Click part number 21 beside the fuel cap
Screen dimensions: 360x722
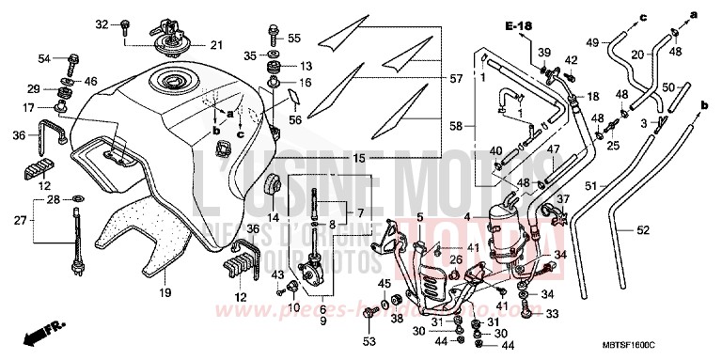tap(216, 45)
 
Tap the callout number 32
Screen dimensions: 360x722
tap(102, 23)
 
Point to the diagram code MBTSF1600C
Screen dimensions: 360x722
tap(667, 346)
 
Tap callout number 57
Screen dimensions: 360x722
tap(457, 79)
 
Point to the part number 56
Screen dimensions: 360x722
tap(294, 118)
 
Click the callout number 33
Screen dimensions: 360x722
tap(552, 314)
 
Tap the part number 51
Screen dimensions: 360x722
tap(592, 185)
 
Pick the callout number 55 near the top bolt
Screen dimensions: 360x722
tap(294, 38)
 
